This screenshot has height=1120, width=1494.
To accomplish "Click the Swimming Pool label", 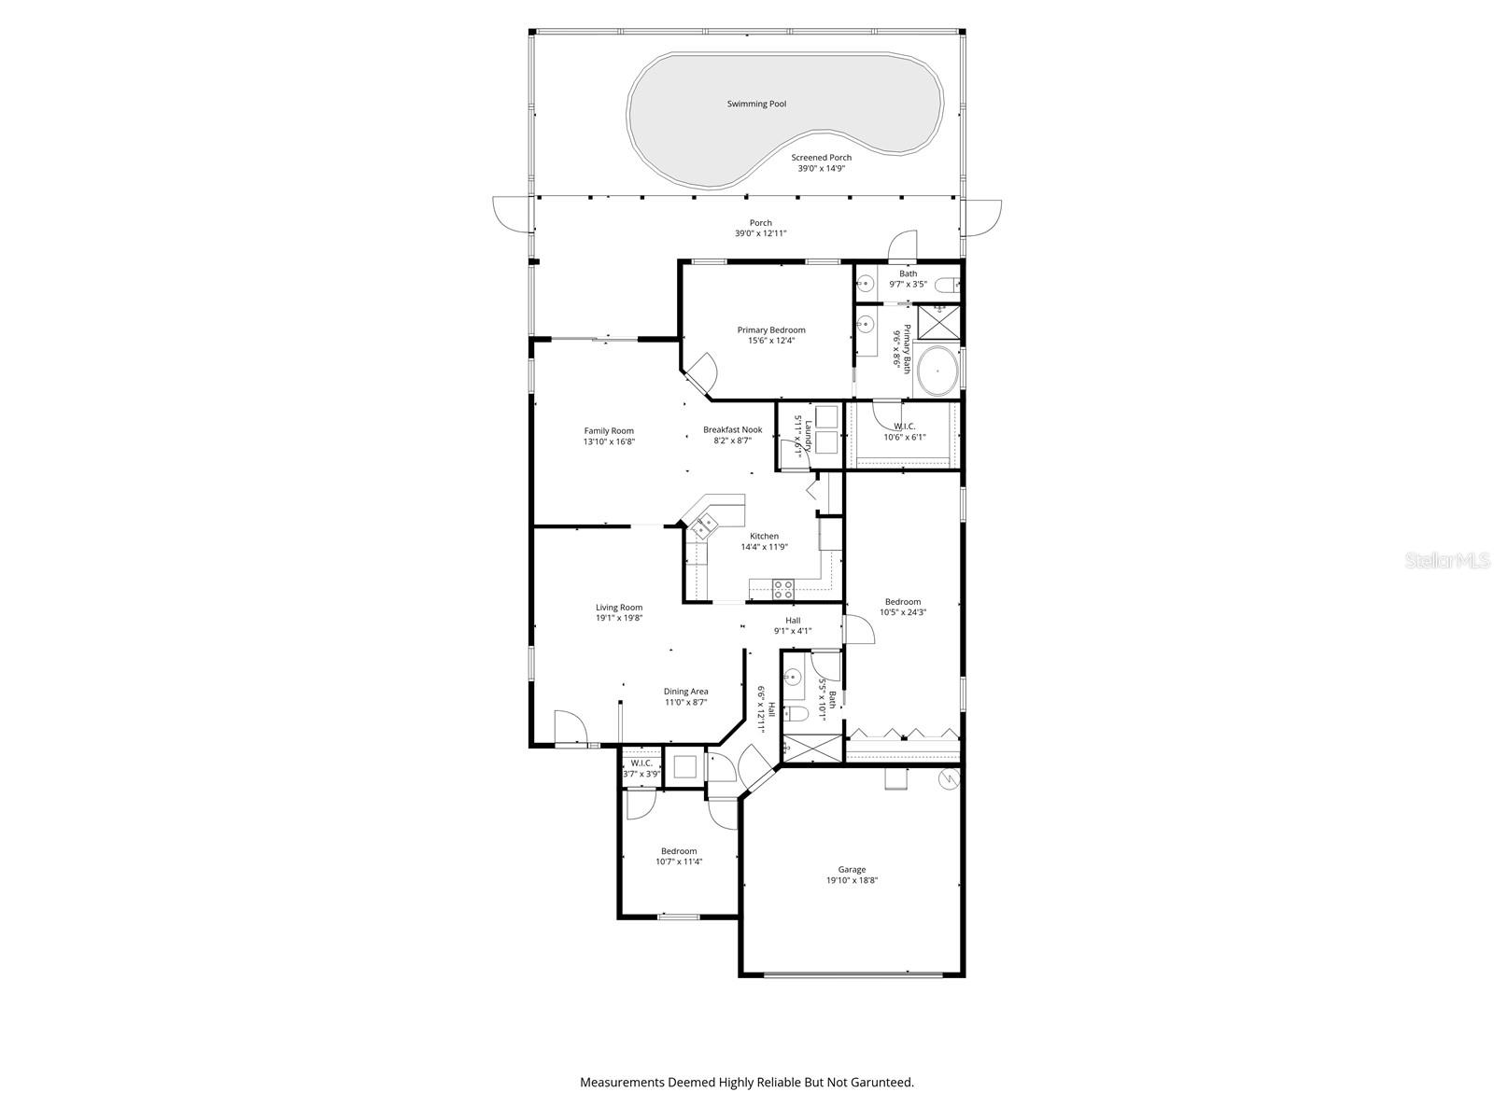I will click(x=756, y=104).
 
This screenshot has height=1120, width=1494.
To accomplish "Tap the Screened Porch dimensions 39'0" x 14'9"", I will click(x=821, y=169).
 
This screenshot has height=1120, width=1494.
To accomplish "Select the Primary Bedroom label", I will click(x=770, y=329).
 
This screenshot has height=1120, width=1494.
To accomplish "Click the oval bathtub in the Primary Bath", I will click(x=937, y=371).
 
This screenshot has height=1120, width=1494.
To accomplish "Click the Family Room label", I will click(x=609, y=430).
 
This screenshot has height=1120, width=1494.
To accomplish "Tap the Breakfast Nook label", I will click(x=732, y=429).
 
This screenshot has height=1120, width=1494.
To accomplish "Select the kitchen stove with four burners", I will click(x=782, y=589).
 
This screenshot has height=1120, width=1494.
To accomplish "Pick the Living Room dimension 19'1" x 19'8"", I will click(x=619, y=618).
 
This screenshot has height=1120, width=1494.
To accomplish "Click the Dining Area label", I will click(x=685, y=692).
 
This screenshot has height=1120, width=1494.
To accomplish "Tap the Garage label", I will click(x=851, y=869).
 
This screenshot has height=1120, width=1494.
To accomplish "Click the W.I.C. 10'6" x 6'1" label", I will click(x=904, y=427).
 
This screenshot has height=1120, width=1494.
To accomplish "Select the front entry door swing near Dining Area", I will click(x=567, y=724).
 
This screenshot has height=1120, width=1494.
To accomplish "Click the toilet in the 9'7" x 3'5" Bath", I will click(x=946, y=284).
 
